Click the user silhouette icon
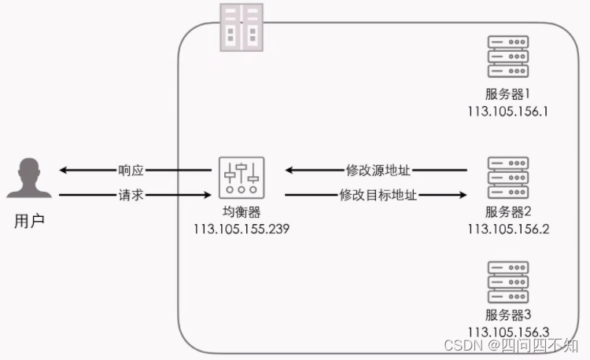point(29,178)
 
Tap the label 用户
point(29,221)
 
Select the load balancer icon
point(242,178)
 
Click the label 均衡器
point(242,213)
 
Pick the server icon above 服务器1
point(507,54)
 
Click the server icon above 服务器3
point(507,280)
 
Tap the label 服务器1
point(507,94)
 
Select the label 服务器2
point(507,212)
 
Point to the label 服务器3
point(507,316)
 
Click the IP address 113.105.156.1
point(507,111)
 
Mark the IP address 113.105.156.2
point(507,229)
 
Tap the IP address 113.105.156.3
point(507,332)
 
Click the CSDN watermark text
point(512,346)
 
